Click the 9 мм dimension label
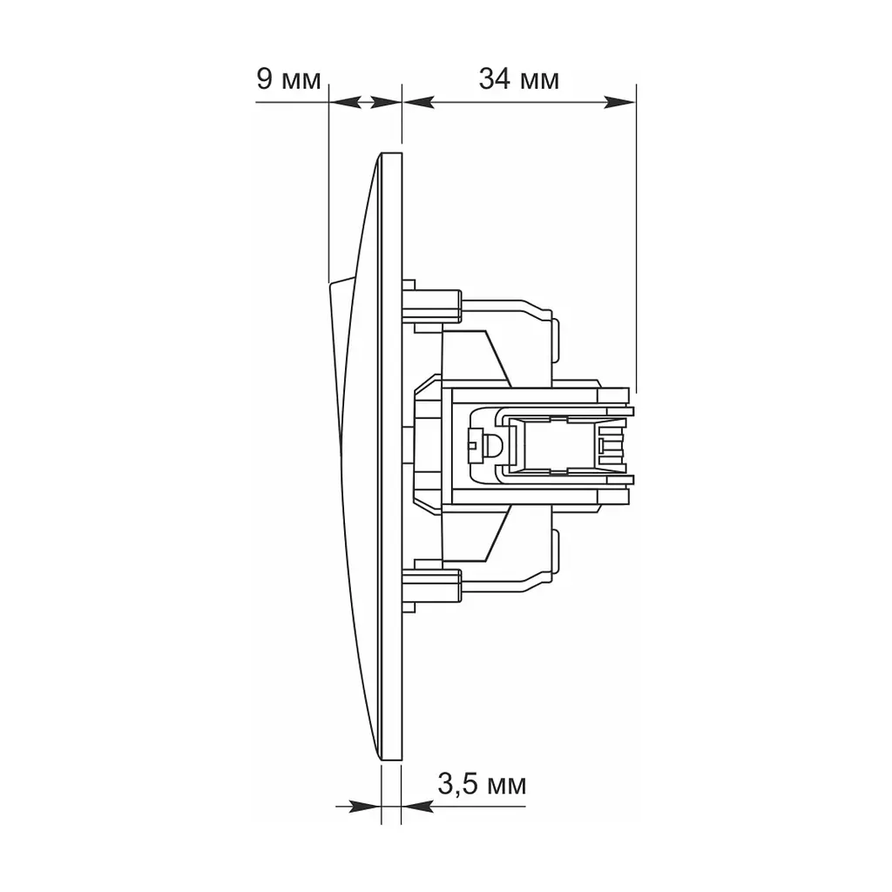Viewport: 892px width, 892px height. [x=288, y=79]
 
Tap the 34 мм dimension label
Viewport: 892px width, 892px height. [x=519, y=79]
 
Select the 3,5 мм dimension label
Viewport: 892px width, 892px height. [x=482, y=785]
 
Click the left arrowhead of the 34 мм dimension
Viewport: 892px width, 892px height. [x=419, y=103]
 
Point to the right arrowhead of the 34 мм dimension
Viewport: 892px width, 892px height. [x=619, y=103]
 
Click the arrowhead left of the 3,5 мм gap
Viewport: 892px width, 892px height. [x=365, y=806]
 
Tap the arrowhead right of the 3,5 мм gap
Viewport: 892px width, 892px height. [x=417, y=806]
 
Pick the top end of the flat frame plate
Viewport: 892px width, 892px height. [x=391, y=152]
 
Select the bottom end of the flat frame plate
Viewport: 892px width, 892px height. [x=391, y=760]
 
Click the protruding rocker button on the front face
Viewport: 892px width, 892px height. [x=340, y=364]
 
